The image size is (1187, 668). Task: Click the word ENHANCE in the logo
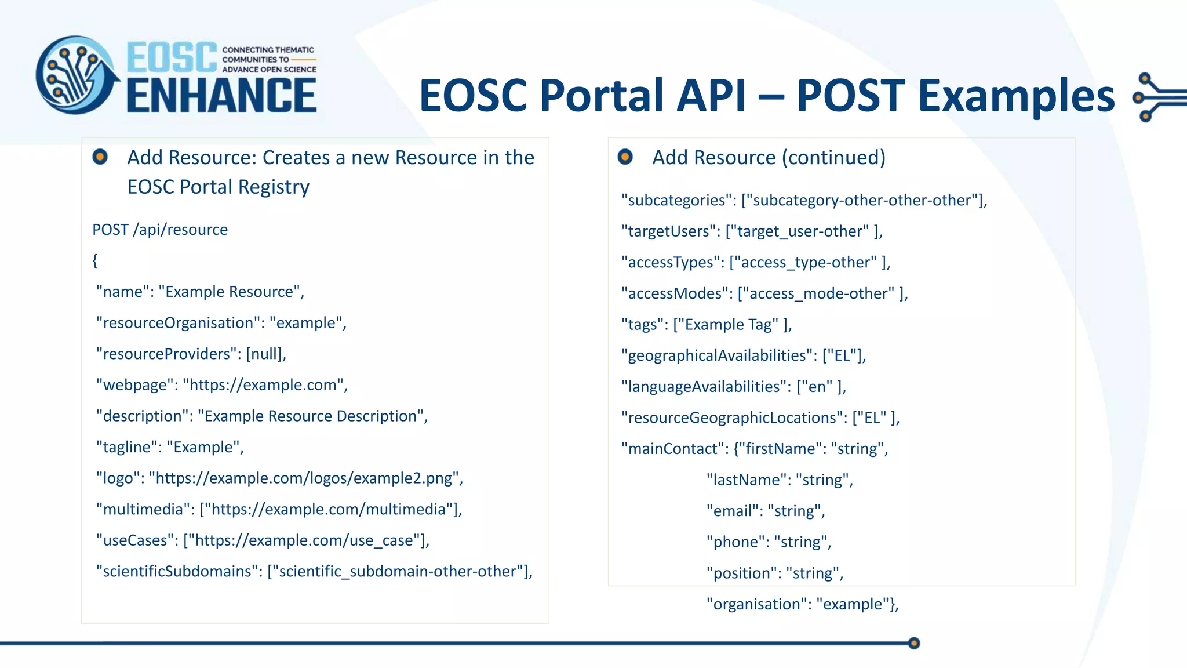[x=221, y=96]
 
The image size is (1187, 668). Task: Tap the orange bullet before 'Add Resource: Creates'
[x=100, y=157]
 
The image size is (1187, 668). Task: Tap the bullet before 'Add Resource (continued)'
[x=625, y=157]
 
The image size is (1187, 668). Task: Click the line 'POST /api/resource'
[x=160, y=230]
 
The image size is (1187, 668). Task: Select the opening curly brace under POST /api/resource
[x=95, y=261]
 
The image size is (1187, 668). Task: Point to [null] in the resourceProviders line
[x=265, y=354]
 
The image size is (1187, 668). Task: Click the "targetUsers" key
[x=668, y=231]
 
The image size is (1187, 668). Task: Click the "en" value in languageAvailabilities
[x=817, y=387]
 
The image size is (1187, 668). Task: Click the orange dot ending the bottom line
[x=914, y=643]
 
